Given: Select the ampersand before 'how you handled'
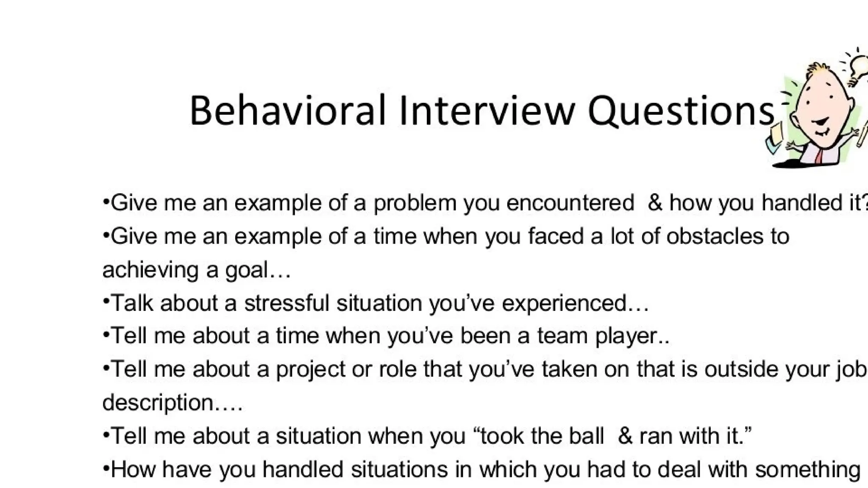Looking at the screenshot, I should pyautogui.click(x=655, y=202).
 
